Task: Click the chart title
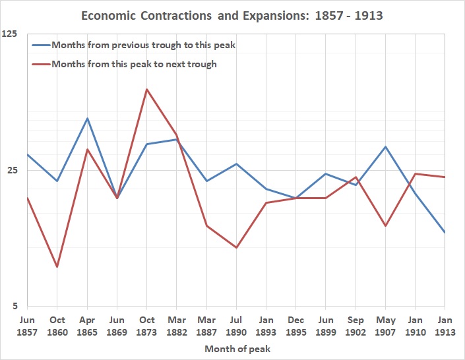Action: pos(232,15)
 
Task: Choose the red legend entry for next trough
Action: pos(133,64)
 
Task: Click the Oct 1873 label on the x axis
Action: pos(146,326)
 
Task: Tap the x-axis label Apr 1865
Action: pos(87,326)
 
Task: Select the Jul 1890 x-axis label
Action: pos(236,326)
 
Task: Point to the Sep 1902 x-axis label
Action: pos(356,326)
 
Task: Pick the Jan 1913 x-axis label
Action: pos(445,326)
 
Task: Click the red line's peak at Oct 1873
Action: pos(146,89)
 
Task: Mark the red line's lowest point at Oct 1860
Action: pos(57,267)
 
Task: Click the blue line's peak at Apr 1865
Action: pos(87,119)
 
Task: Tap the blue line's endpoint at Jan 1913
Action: pos(445,232)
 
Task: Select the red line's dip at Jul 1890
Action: pos(236,248)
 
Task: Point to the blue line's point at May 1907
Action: pos(385,147)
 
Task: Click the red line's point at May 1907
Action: pos(385,226)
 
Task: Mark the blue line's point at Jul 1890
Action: pos(236,164)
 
